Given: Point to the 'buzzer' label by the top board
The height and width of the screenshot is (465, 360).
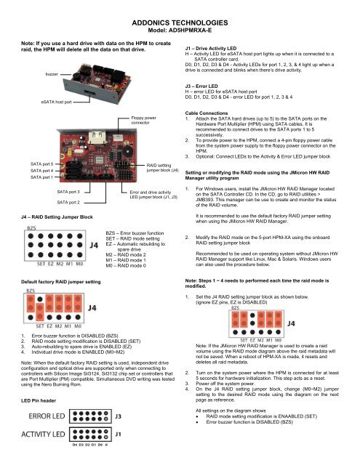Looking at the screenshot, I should click(52, 73).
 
